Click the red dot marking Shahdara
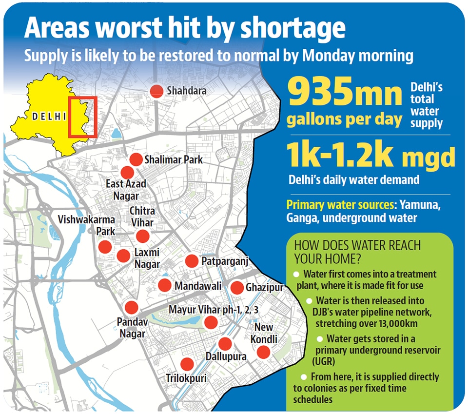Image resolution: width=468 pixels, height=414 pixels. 156,91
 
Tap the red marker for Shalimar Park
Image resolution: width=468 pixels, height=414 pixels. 136,159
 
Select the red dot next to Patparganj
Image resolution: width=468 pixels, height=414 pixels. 192,261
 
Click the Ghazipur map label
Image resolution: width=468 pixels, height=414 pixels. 264,288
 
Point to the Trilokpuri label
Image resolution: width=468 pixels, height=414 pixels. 186,378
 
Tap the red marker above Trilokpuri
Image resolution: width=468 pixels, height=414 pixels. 186,364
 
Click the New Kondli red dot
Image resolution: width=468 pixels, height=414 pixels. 263,352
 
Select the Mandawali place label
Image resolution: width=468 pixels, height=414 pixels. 198,286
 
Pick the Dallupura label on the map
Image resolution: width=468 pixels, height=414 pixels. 226,356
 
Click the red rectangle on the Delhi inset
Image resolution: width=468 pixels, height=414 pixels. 83,117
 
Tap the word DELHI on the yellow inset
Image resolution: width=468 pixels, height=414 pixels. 48,117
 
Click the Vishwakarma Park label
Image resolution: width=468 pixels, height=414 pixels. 87,225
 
